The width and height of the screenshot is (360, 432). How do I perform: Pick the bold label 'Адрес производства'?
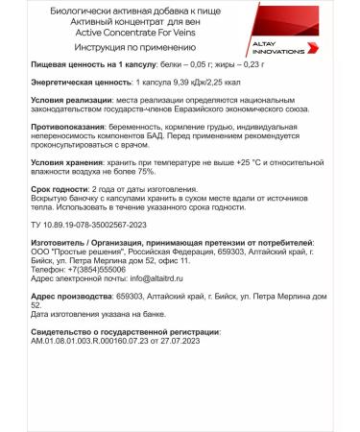click(63, 298)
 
